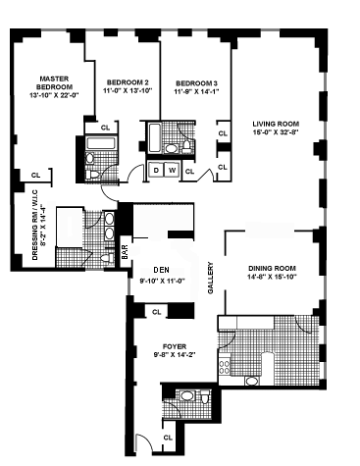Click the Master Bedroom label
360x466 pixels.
(x=54, y=83)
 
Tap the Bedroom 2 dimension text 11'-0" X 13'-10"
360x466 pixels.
(x=128, y=91)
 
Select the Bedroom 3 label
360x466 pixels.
(x=196, y=83)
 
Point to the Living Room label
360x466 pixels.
(x=276, y=124)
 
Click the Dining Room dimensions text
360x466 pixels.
(x=272, y=277)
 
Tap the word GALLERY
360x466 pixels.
(x=211, y=278)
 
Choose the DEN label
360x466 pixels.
(x=162, y=270)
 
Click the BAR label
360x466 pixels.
(x=125, y=252)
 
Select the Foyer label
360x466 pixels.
(x=175, y=346)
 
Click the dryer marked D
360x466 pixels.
(x=156, y=171)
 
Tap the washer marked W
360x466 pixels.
(x=172, y=171)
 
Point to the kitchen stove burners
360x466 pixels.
(x=225, y=366)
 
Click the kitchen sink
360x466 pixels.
(x=252, y=381)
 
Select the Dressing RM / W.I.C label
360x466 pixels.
(x=39, y=225)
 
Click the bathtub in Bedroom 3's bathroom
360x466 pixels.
(x=155, y=137)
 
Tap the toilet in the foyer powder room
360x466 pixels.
(x=205, y=396)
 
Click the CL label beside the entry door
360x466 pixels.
(x=168, y=438)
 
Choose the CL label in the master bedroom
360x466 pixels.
(x=35, y=176)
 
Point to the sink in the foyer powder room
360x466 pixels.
(x=186, y=396)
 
